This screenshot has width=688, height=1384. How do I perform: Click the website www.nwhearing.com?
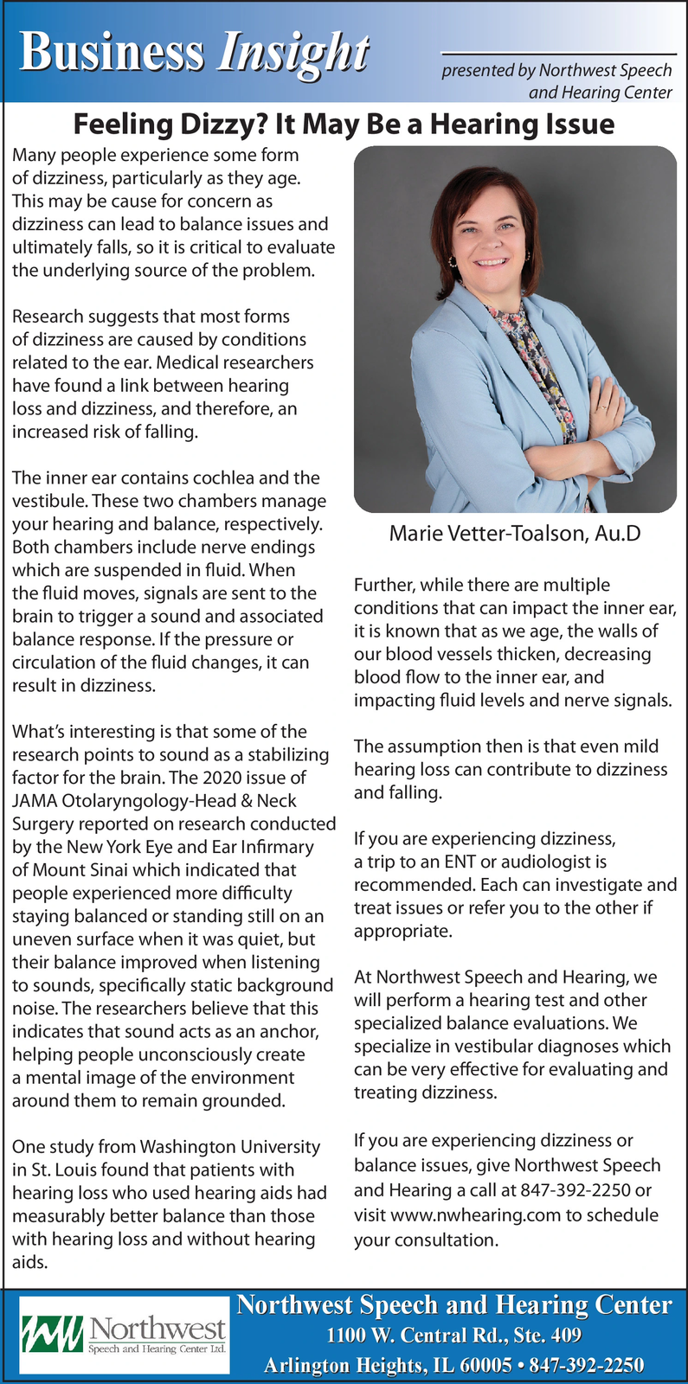[476, 1215]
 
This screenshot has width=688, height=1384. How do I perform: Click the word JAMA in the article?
[35, 801]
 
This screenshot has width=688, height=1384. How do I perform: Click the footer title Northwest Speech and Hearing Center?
[454, 1304]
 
